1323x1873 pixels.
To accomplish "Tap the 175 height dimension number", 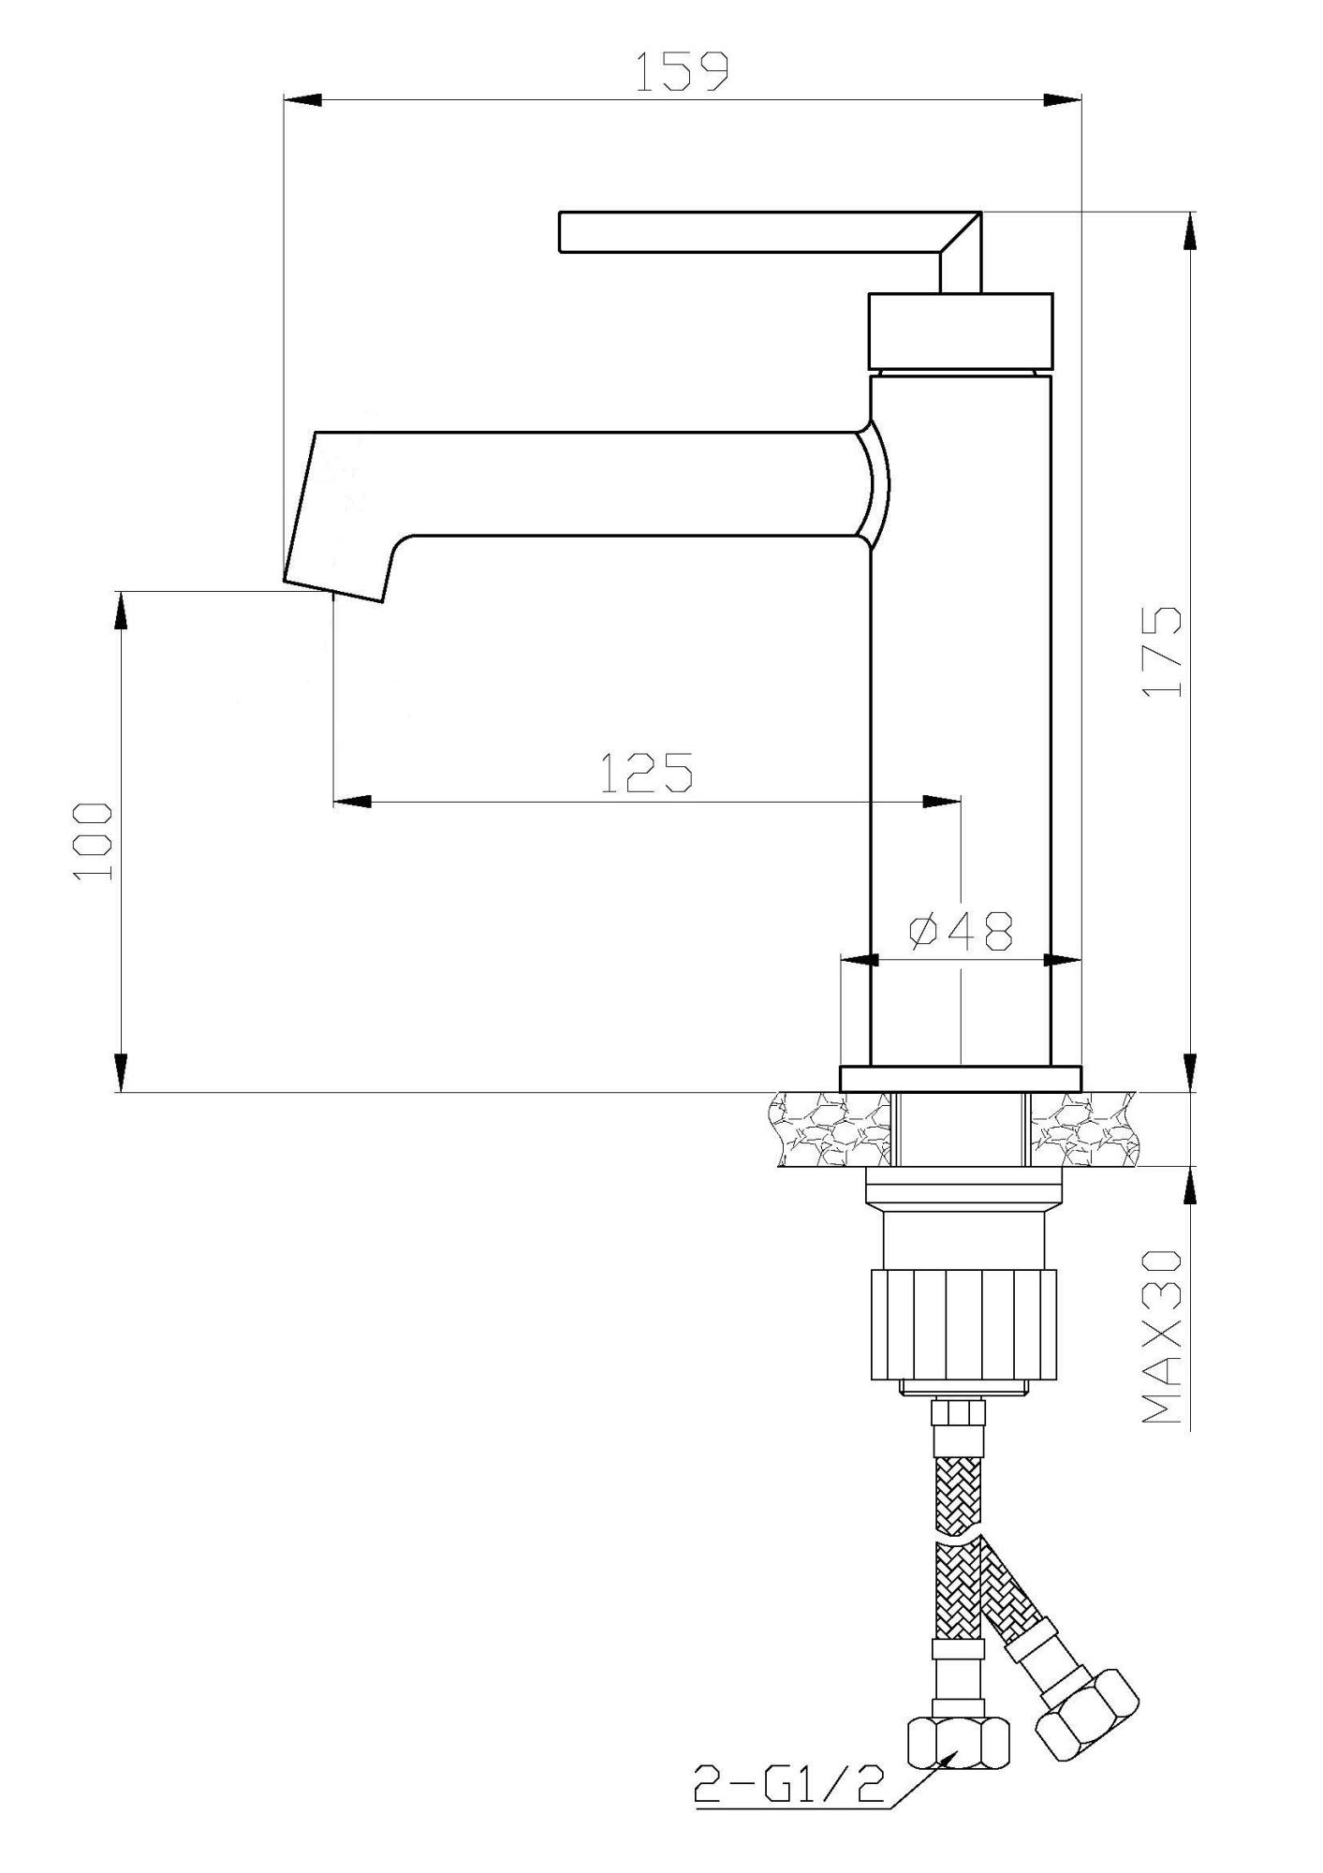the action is pyautogui.click(x=1163, y=652).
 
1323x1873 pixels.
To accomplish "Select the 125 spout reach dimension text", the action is pyautogui.click(x=645, y=773).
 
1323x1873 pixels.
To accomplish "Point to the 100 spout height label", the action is pyautogui.click(x=95, y=841).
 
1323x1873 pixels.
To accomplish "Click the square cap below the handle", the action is pyautogui.click(x=961, y=331).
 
